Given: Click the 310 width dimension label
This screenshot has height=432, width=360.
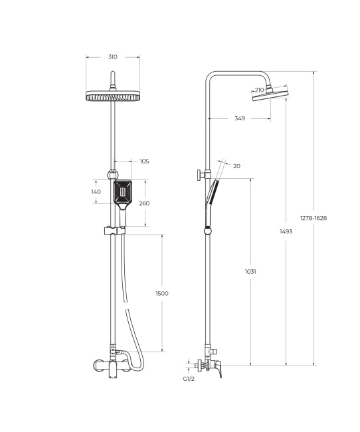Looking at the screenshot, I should pyautogui.click(x=113, y=57).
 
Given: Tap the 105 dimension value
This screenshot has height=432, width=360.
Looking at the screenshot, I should pyautogui.click(x=144, y=161).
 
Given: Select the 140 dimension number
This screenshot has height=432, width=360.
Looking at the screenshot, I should pyautogui.click(x=96, y=191).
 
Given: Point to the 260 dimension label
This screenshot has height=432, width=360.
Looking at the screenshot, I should pyautogui.click(x=144, y=203).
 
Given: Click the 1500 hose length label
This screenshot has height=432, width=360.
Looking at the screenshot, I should pyautogui.click(x=161, y=293).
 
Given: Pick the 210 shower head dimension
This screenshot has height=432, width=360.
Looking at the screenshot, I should pyautogui.click(x=259, y=90).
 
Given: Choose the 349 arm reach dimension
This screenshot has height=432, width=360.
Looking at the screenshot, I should pyautogui.click(x=240, y=118).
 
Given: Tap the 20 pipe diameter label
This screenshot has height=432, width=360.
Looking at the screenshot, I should pyautogui.click(x=236, y=166).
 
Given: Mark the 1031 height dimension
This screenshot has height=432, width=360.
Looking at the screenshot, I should pyautogui.click(x=250, y=271).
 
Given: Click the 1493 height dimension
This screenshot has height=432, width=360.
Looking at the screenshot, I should pyautogui.click(x=286, y=231).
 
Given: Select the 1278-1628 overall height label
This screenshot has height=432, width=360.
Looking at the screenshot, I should pyautogui.click(x=314, y=217).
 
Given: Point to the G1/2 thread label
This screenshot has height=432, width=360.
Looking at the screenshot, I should pyautogui.click(x=189, y=379).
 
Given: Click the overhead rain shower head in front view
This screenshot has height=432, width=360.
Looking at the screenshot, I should pyautogui.click(x=114, y=96).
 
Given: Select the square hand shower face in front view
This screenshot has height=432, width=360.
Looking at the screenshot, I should pyautogui.click(x=122, y=193).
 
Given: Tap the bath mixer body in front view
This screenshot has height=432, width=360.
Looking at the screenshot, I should pyautogui.click(x=113, y=365).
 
